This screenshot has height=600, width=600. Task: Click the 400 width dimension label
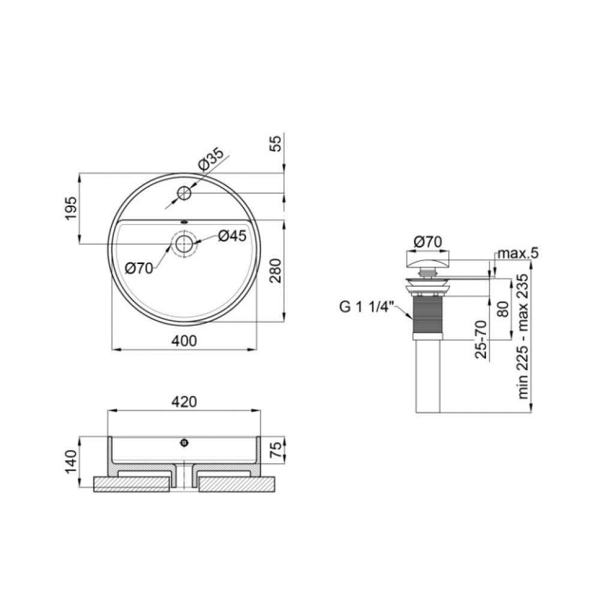(184, 340)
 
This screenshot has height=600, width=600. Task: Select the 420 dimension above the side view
(184, 401)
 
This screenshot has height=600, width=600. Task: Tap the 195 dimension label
(71, 209)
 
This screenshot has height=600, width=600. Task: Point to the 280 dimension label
(275, 271)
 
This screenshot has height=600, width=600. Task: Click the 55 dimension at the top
(277, 143)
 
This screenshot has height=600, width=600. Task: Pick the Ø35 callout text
(211, 159)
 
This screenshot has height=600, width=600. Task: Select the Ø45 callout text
(232, 236)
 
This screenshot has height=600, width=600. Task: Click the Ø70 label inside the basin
(139, 269)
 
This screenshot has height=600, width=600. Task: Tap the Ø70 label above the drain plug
(428, 241)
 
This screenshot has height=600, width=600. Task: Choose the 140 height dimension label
(71, 462)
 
